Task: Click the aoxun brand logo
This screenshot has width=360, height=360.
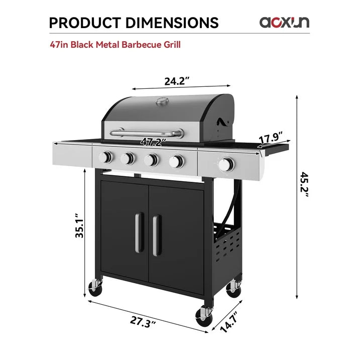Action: (x=284, y=22)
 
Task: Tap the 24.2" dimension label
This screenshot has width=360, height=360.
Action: (x=177, y=80)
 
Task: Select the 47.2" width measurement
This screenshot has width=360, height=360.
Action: (x=153, y=142)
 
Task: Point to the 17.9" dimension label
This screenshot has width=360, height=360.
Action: (x=271, y=139)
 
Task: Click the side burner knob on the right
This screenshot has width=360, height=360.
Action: (x=227, y=164)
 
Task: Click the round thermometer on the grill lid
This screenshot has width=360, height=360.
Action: (x=162, y=102)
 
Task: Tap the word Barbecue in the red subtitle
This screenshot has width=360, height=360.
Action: (x=139, y=45)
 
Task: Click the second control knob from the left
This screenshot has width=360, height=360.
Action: (x=129, y=159)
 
